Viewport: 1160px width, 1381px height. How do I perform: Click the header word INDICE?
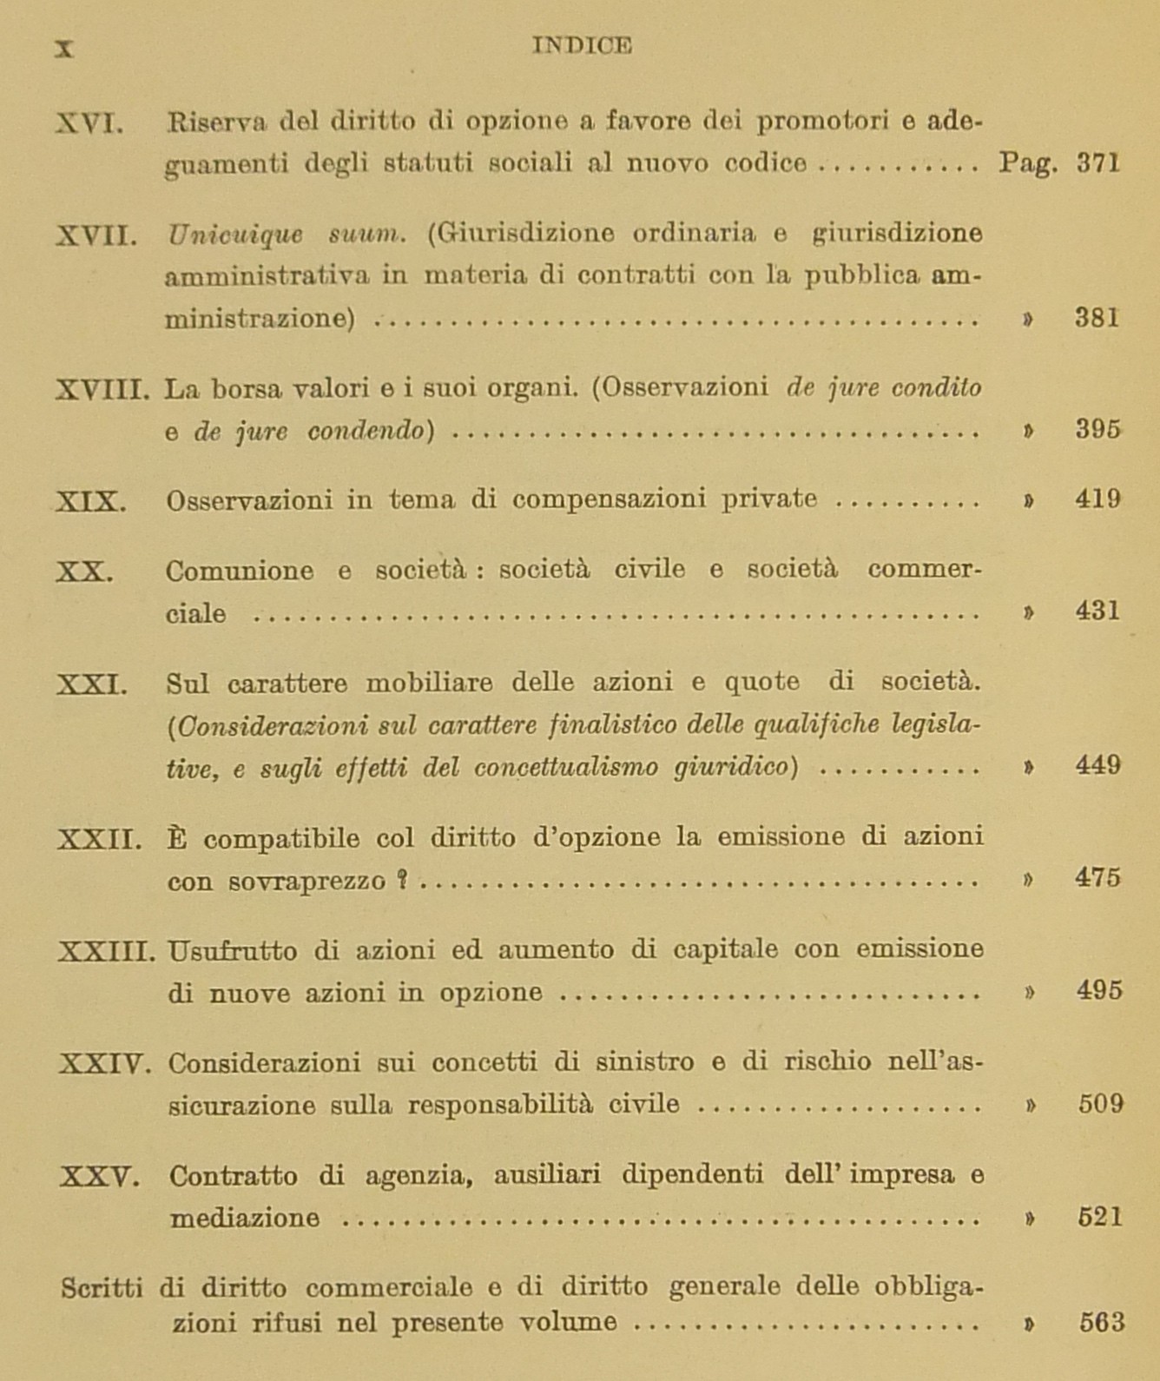click(x=581, y=45)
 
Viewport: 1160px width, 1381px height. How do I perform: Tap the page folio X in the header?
click(x=63, y=49)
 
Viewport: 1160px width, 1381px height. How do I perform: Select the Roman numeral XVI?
click(x=89, y=123)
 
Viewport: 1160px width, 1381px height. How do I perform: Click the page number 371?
click(x=1098, y=163)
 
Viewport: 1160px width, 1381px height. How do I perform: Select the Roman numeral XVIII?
click(x=102, y=388)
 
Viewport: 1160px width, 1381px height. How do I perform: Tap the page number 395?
click(x=1098, y=430)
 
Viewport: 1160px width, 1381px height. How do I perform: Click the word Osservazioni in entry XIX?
click(x=249, y=500)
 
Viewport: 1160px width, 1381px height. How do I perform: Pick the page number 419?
click(x=1097, y=499)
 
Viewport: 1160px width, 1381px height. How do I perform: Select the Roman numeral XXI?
click(x=92, y=684)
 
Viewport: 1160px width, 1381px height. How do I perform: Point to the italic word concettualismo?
click(x=566, y=768)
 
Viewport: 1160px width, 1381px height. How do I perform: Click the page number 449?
click(x=1097, y=765)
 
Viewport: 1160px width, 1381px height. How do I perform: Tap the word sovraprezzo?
click(x=307, y=882)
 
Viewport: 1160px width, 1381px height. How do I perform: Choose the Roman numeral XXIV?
click(x=105, y=1063)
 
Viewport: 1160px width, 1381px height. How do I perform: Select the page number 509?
click(x=1100, y=1104)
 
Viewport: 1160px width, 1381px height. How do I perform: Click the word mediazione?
click(x=244, y=1219)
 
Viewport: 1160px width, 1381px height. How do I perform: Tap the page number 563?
click(x=1101, y=1323)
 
